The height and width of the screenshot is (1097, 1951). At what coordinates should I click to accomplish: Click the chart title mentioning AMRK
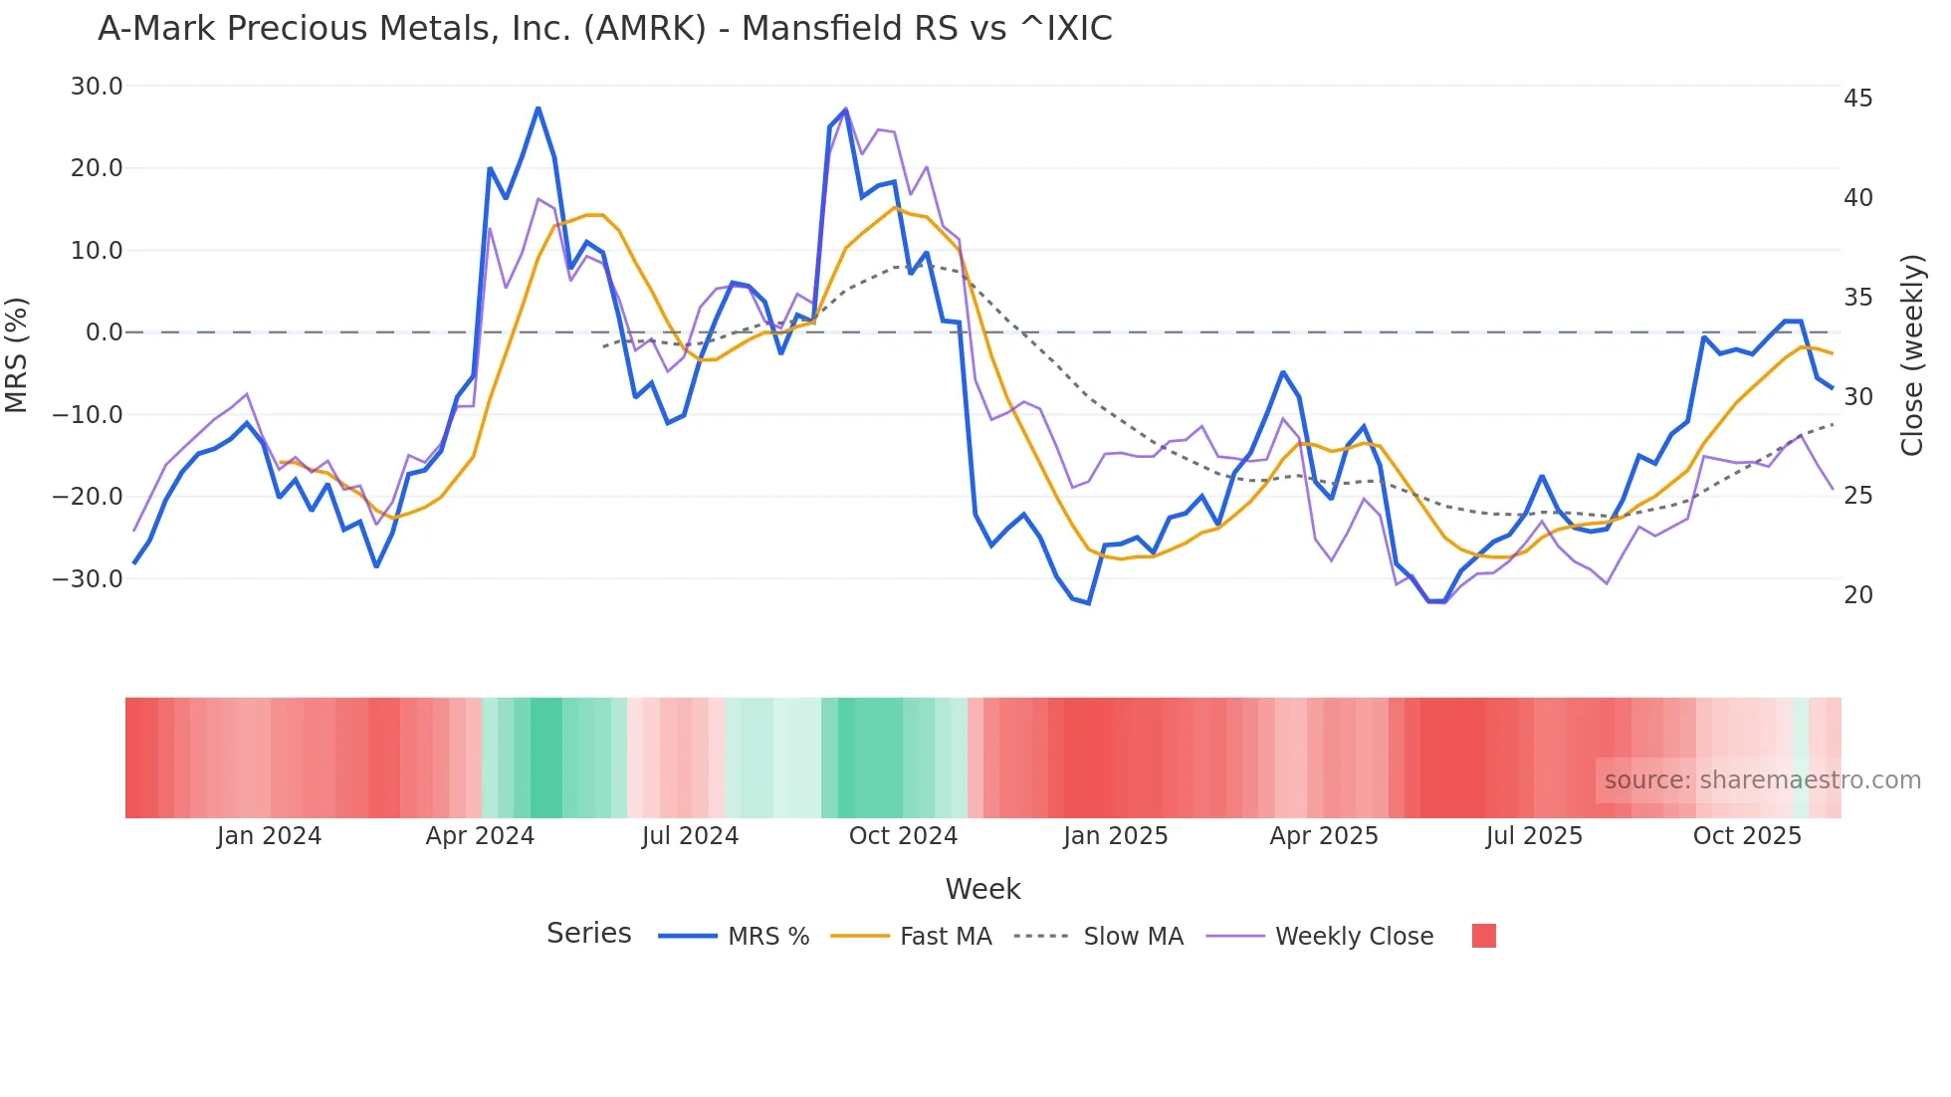tap(604, 29)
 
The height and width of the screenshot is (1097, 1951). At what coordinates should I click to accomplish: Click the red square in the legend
tap(1483, 936)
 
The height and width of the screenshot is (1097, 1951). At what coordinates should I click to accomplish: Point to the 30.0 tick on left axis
tap(97, 87)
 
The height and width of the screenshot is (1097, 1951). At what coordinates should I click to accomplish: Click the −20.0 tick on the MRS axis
tap(88, 497)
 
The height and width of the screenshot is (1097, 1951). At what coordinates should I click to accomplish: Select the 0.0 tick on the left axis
tap(104, 332)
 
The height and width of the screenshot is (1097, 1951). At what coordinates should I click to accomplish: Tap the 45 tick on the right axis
tap(1857, 99)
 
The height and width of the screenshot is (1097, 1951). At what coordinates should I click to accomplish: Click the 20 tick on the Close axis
tap(1857, 595)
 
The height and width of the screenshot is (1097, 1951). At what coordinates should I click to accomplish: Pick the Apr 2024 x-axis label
tap(480, 836)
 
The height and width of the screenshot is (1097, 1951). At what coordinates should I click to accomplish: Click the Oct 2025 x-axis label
tap(1747, 836)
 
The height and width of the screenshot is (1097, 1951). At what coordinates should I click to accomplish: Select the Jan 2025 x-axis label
tap(1115, 836)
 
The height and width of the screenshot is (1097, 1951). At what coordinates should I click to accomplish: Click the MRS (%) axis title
tap(17, 354)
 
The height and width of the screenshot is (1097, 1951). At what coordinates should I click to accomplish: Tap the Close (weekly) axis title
tap(1912, 355)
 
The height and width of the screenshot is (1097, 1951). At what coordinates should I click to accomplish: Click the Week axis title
tap(982, 889)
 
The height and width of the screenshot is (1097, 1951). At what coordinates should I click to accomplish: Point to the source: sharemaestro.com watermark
tap(1762, 780)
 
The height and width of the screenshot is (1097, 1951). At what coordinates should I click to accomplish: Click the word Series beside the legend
tap(588, 934)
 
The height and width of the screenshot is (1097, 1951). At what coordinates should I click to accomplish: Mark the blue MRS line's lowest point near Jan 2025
tap(1089, 603)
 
